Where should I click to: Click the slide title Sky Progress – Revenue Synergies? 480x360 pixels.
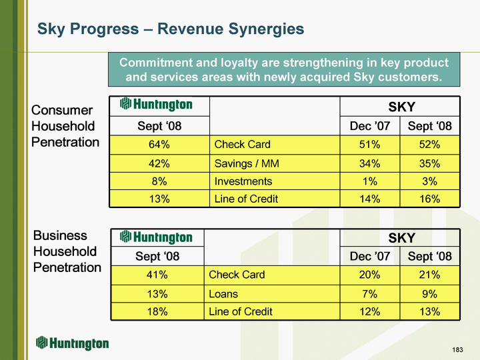pos(171,29)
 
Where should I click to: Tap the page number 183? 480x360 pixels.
pos(457,349)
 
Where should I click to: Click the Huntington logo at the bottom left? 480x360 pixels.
pos(72,343)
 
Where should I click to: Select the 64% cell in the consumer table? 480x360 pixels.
pos(159,145)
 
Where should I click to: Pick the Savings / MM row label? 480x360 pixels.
pos(247,163)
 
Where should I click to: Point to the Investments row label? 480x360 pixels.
pos(243,181)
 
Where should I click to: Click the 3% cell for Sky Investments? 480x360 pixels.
pos(429,181)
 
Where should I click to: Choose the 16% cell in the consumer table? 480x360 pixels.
pos(429,199)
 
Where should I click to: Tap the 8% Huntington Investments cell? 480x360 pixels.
pos(159,181)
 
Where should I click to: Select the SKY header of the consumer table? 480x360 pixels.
pos(401,107)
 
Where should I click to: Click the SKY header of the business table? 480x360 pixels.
pos(401,238)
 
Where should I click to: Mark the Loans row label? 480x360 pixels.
pos(223,294)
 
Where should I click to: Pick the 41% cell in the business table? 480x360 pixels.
pos(157,275)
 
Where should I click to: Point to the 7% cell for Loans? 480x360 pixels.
pos(369,294)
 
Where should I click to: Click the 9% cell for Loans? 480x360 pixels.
pos(429,294)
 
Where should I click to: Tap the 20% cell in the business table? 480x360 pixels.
pos(369,275)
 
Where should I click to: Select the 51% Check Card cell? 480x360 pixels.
pos(369,145)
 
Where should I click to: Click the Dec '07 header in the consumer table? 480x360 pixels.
pos(370,126)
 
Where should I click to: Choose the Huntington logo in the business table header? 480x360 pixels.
pos(156,237)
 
